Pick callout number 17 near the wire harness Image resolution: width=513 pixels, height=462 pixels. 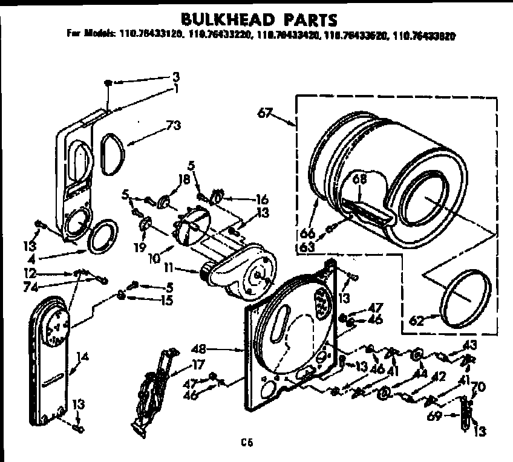click(x=198, y=365)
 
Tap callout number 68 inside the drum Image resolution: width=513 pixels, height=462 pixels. click(x=360, y=178)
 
